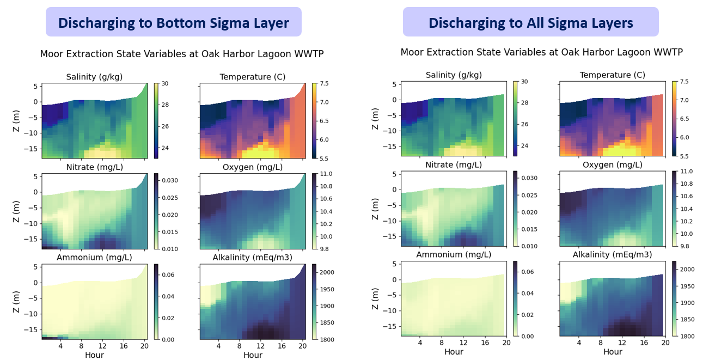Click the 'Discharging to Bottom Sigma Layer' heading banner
tap(173, 22)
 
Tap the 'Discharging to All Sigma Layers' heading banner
tap(530, 22)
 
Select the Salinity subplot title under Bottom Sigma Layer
tap(94, 77)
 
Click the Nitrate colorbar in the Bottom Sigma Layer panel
tap(156, 211)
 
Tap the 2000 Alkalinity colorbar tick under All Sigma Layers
tap(688, 269)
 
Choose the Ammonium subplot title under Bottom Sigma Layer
tap(94, 257)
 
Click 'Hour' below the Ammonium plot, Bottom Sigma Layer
tap(94, 355)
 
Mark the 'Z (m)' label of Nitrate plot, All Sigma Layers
tap(376, 209)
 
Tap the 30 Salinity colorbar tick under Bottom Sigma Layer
tap(164, 84)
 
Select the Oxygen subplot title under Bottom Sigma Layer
tap(253, 167)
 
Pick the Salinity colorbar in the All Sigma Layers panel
tap(515, 119)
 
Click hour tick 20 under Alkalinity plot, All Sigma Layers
tap(665, 342)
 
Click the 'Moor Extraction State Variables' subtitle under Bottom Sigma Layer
tap(181, 54)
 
